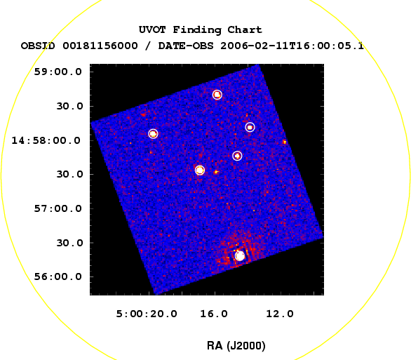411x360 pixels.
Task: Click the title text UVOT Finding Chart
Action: [x=201, y=30]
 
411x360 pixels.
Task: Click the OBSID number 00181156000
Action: [x=100, y=46]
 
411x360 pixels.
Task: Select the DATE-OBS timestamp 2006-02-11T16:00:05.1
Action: [x=292, y=46]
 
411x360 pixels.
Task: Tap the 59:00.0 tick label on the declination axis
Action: [x=58, y=72]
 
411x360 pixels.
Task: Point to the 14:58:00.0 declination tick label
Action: [x=46, y=140]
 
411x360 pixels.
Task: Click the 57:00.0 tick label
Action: [x=58, y=208]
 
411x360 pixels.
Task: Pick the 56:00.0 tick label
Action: [x=58, y=276]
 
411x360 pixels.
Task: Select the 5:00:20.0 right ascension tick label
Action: [x=147, y=314]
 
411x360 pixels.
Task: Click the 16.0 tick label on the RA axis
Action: [x=214, y=314]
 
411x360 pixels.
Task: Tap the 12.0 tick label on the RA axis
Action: [x=280, y=314]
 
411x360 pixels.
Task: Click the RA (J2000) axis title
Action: [x=236, y=346]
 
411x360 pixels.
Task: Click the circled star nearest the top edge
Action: [x=217, y=95]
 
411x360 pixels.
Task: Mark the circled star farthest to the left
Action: [x=153, y=134]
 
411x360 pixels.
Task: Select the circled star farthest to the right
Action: [x=250, y=127]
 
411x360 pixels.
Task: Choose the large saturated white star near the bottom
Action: [x=240, y=255]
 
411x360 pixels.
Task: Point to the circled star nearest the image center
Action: [x=200, y=170]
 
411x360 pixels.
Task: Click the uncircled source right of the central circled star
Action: [x=216, y=172]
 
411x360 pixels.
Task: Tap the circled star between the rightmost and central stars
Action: [x=237, y=156]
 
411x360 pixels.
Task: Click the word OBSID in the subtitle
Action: [x=38, y=46]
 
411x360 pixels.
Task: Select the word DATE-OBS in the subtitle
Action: [x=186, y=46]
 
